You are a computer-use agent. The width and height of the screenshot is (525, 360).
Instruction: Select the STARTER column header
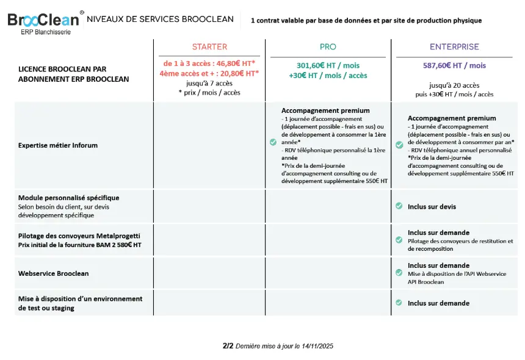point(209,47)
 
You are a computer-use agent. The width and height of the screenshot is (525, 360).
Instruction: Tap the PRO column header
point(328,47)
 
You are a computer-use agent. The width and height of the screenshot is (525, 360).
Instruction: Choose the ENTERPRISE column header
point(454,47)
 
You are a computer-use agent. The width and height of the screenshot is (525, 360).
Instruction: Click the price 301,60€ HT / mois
point(328,66)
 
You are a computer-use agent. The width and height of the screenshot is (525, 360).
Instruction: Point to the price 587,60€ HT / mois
point(454,66)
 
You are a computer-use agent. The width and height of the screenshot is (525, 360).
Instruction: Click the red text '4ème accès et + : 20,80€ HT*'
point(209,73)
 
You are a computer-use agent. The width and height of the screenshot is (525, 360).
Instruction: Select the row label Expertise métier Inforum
point(58,145)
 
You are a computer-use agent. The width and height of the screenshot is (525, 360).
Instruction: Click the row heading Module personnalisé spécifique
point(68,198)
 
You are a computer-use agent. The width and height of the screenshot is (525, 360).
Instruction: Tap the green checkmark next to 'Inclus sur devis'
point(399,206)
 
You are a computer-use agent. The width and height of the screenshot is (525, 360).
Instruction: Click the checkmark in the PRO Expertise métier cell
point(273,142)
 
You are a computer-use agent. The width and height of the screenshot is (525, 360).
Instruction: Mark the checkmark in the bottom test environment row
point(399,303)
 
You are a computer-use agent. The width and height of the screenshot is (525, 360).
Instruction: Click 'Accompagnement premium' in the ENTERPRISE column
point(452,118)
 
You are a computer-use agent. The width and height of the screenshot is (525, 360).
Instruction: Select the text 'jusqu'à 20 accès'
point(454,85)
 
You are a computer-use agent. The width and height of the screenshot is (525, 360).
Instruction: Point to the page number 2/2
point(228,346)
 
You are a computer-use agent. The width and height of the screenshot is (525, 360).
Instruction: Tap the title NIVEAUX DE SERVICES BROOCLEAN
point(160,19)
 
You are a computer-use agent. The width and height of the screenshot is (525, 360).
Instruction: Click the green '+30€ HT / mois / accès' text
point(328,76)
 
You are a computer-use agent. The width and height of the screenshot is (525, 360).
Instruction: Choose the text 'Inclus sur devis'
point(432,207)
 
